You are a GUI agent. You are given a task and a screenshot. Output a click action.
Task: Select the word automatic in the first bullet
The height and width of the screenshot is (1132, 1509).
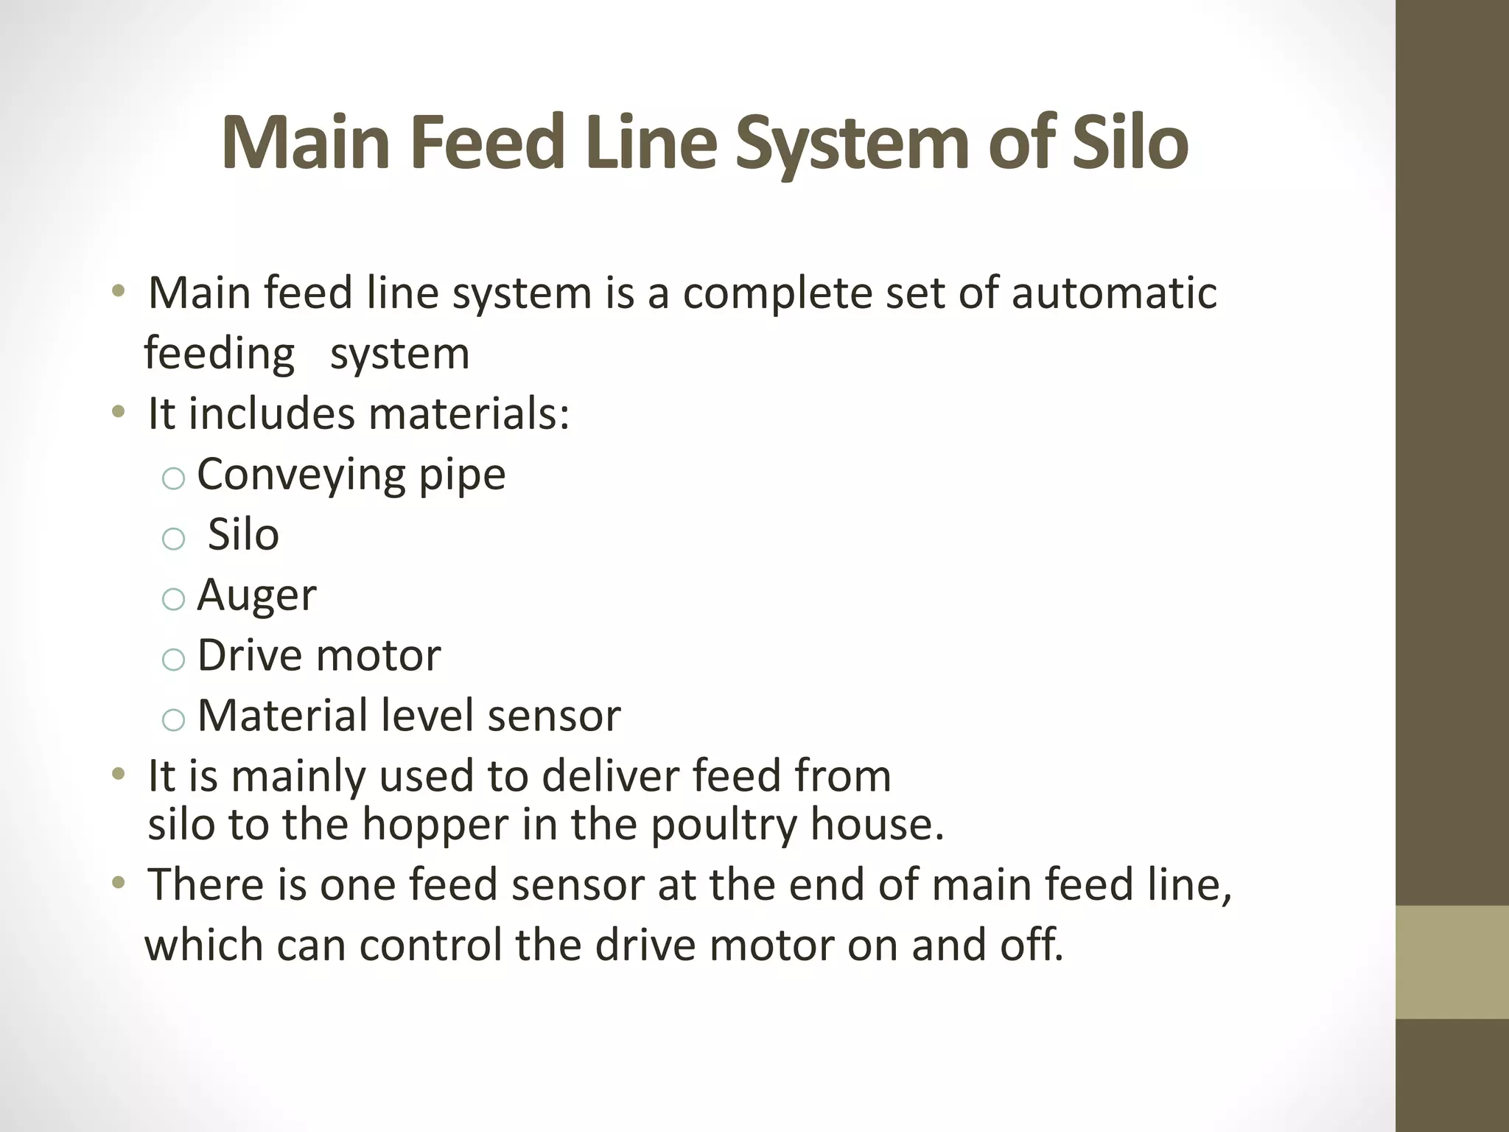[1113, 293]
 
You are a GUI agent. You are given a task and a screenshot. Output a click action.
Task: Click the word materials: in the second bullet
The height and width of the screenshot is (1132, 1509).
[469, 414]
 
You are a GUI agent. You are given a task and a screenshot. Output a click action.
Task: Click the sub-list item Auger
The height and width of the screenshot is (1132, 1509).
[256, 595]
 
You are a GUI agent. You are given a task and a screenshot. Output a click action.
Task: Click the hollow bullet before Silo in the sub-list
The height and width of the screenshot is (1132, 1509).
[172, 539]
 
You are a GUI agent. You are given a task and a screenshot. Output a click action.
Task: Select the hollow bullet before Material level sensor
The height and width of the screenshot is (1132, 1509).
[172, 720]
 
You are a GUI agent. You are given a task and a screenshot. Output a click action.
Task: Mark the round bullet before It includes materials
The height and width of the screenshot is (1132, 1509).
[118, 413]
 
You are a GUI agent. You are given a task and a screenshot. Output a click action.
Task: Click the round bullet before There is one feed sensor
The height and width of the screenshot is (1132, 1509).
[118, 884]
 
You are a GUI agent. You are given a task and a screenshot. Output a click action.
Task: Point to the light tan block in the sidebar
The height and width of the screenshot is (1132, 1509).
[1452, 962]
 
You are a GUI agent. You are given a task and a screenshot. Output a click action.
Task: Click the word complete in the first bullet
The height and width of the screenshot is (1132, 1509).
[778, 293]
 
